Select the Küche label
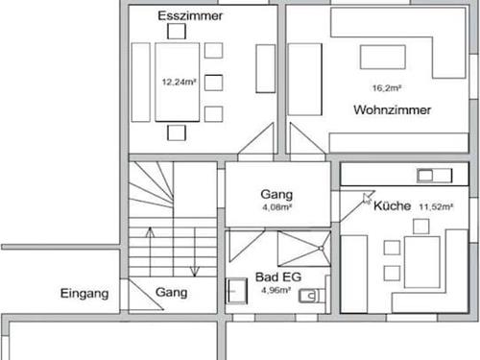[393, 206]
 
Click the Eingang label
[85, 293]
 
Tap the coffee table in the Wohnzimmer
[382, 57]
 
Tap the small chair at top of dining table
[176, 31]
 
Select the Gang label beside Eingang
[172, 293]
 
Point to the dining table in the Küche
[421, 259]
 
